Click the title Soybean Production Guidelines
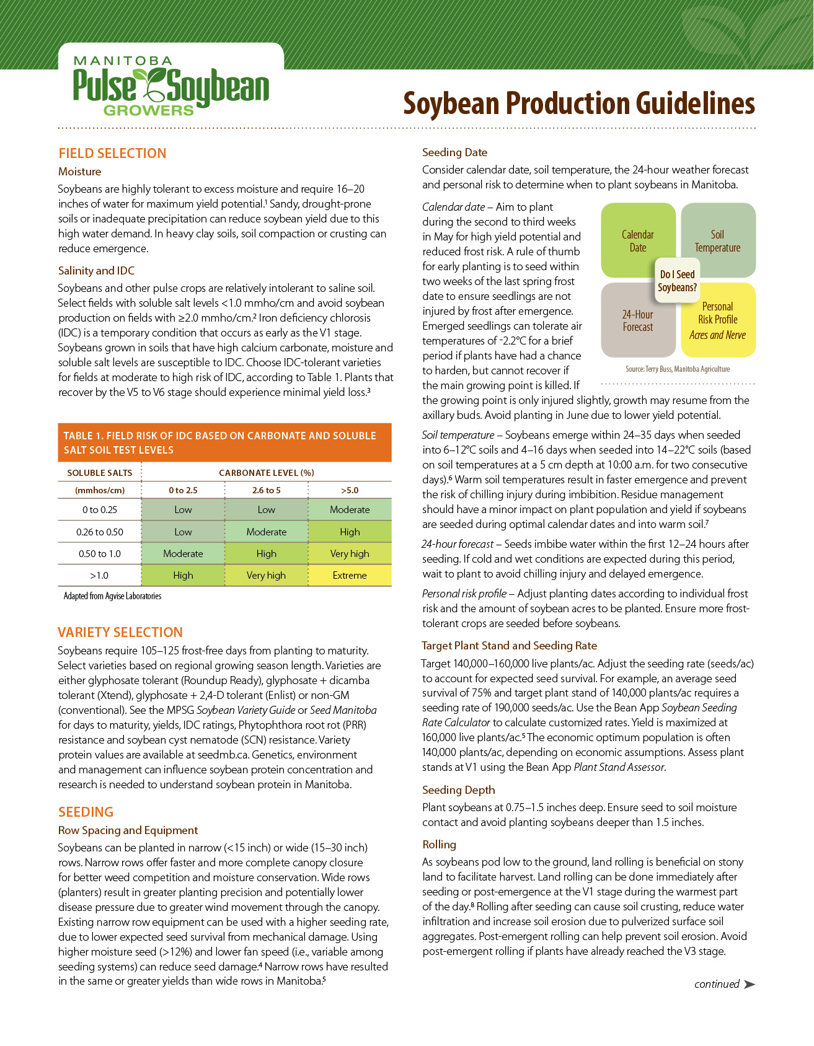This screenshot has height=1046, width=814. pos(578,103)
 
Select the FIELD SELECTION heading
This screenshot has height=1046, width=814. pos(112,154)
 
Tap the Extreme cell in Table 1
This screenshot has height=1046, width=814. pos(350,575)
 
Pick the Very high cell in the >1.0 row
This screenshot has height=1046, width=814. pos(266,575)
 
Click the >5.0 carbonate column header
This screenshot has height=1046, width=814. pos(350,490)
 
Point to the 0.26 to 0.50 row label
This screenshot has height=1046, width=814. pos(99,532)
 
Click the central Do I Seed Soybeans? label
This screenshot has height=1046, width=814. pos(677,281)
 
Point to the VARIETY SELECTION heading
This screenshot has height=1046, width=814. pos(120,633)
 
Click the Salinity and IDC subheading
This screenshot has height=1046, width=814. pos(96,271)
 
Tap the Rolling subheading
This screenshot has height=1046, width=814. pos(439,845)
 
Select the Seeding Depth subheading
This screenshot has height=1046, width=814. pos(458,790)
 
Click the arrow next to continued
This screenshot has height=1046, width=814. pos(749,984)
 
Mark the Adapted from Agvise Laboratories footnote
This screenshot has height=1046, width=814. pos(112,596)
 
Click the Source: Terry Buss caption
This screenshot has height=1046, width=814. pos(678,369)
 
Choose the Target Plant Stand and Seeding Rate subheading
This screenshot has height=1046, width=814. pos(509,646)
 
